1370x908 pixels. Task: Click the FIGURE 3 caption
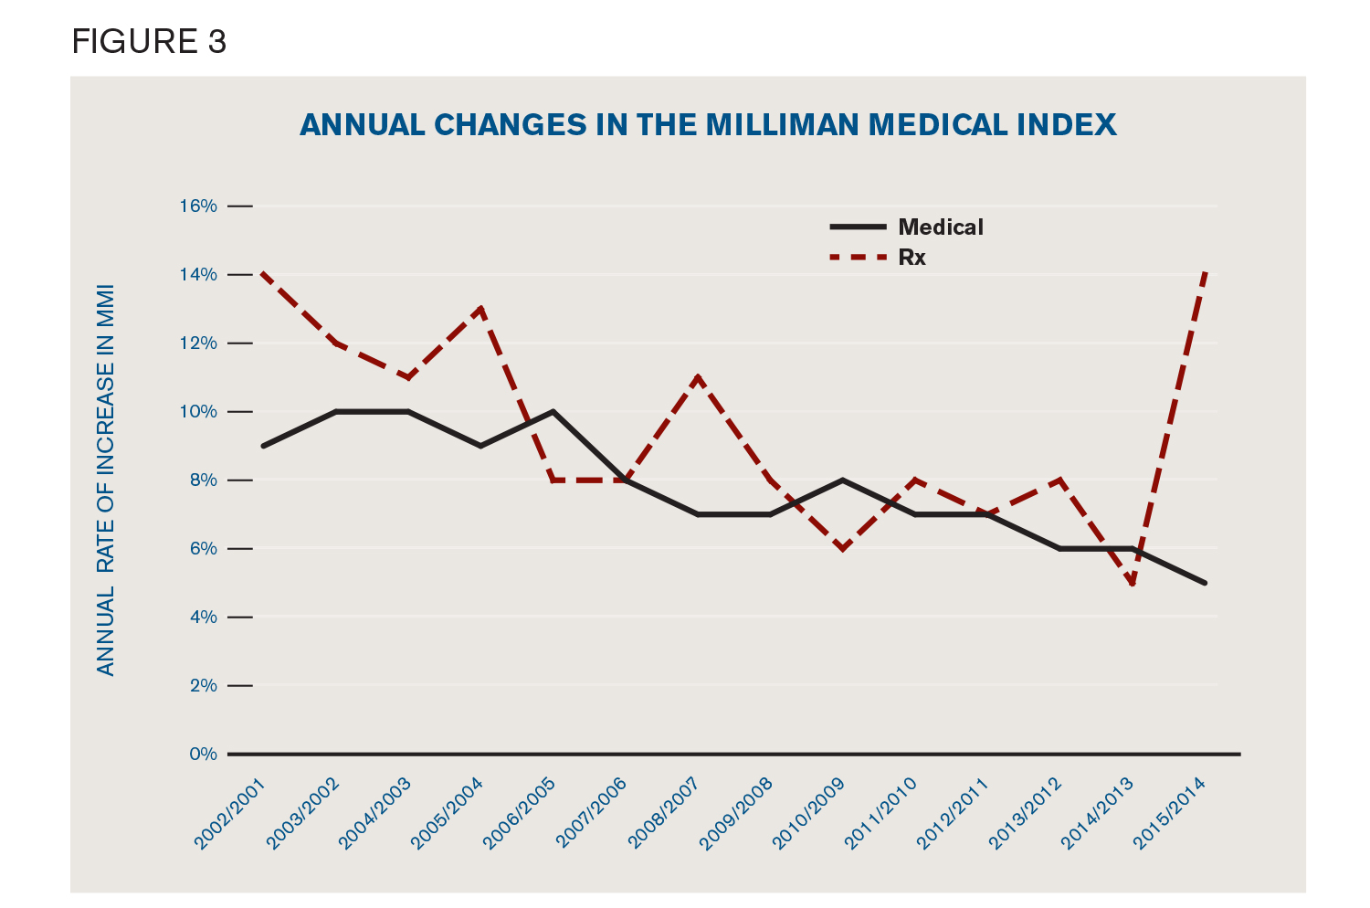click(x=149, y=42)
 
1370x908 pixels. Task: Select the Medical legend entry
click(x=940, y=227)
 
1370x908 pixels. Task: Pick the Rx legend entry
click(x=912, y=258)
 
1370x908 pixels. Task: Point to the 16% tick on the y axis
click(x=197, y=206)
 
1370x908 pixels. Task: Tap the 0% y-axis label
click(x=203, y=755)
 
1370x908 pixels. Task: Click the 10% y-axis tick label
click(x=197, y=412)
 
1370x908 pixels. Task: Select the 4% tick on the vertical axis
click(x=202, y=618)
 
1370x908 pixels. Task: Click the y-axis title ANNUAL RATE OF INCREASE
click(x=107, y=480)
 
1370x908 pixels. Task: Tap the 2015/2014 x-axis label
click(x=1171, y=813)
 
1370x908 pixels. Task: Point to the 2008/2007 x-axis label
click(x=664, y=813)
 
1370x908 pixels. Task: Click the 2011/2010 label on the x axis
click(x=881, y=813)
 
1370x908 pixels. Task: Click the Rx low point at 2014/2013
click(x=1133, y=583)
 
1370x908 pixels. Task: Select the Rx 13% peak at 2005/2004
click(x=480, y=309)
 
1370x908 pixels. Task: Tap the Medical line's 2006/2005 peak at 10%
click(x=553, y=412)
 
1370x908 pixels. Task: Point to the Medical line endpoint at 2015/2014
click(x=1205, y=583)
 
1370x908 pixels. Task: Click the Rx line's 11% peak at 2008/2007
click(x=698, y=377)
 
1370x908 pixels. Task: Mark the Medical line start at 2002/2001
click(x=263, y=446)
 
